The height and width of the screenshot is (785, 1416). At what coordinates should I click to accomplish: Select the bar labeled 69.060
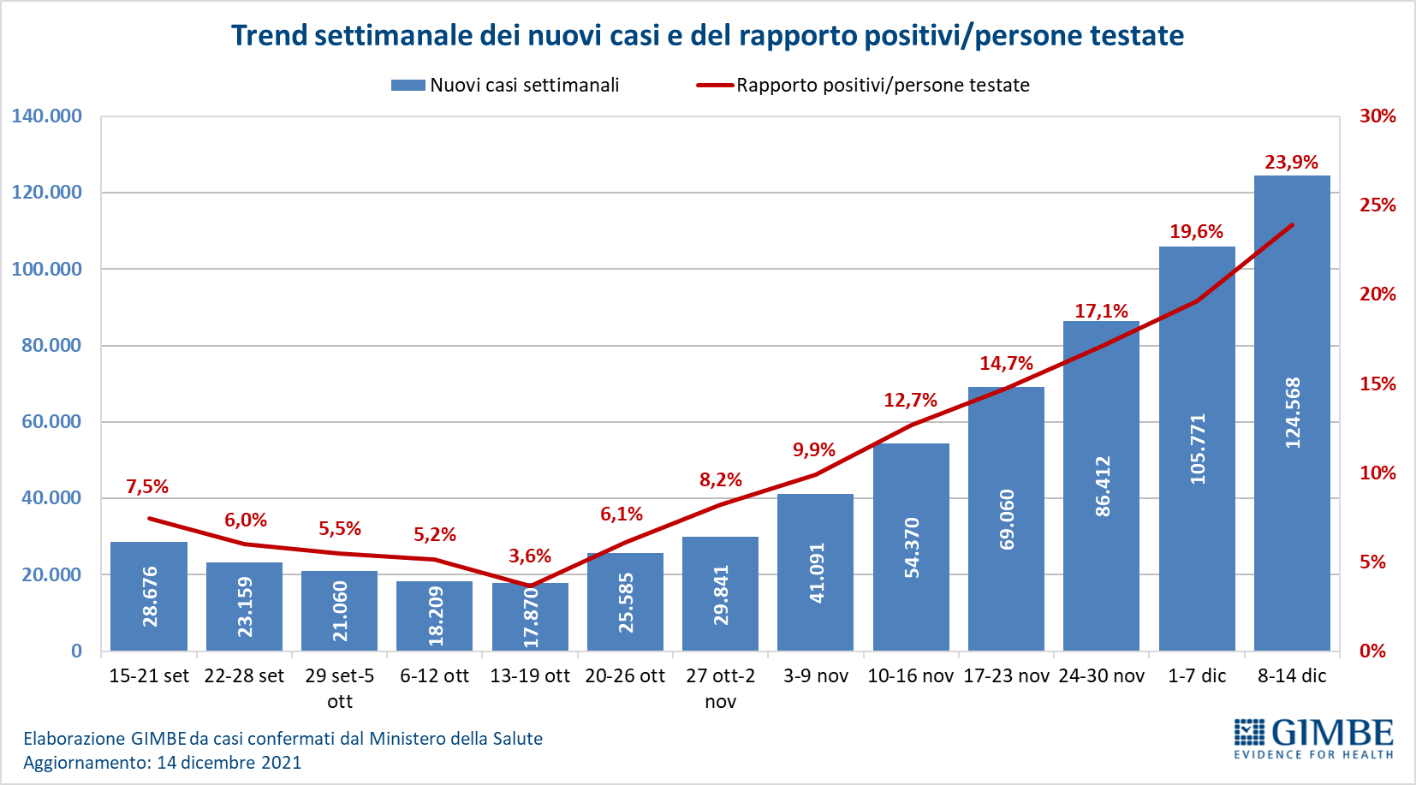tap(1006, 519)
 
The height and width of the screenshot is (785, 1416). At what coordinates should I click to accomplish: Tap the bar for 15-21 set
tap(149, 596)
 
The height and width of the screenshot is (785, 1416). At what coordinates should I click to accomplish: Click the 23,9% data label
tap(1291, 163)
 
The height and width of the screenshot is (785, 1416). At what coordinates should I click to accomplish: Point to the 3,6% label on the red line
tap(530, 556)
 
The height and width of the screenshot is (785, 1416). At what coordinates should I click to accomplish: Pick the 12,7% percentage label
tap(910, 401)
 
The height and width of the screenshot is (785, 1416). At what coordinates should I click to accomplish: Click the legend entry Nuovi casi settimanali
tap(505, 86)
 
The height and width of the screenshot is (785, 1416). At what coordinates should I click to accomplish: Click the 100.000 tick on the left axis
tap(47, 269)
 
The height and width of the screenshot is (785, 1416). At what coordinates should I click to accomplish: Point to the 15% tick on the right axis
tap(1377, 384)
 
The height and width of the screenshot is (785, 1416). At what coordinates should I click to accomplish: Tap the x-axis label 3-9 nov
tap(815, 676)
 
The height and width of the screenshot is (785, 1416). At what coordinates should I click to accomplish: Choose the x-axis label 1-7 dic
tap(1197, 676)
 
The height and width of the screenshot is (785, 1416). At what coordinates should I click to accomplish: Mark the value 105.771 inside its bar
tap(1198, 449)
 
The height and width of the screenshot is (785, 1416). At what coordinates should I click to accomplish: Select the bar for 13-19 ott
tap(530, 616)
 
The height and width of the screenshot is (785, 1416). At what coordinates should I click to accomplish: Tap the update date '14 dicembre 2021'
tap(229, 763)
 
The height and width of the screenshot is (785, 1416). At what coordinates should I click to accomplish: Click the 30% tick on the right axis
tap(1377, 116)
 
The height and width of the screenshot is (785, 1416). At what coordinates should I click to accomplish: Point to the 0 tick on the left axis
tap(76, 651)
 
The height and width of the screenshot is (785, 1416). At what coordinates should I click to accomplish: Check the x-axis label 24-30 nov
tap(1101, 676)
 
